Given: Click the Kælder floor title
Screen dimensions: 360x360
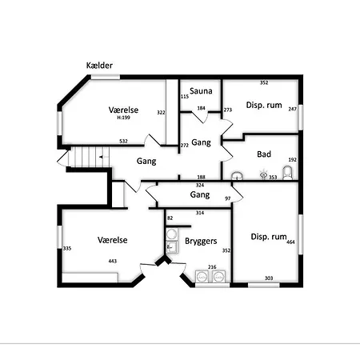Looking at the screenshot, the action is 99,66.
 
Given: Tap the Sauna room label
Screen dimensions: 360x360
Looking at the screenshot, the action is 201,91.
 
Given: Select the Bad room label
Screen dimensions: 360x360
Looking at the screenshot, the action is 264,154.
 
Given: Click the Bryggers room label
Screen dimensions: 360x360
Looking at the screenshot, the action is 201,241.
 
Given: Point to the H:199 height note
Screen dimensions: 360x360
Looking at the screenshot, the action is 123,118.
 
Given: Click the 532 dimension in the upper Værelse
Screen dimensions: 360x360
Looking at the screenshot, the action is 123,142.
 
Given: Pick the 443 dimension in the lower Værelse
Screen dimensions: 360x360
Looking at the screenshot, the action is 113,261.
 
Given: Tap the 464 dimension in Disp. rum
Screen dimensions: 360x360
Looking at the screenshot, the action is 290,242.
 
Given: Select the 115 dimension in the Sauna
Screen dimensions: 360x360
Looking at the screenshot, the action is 185,97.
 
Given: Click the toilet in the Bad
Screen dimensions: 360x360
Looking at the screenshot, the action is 287,173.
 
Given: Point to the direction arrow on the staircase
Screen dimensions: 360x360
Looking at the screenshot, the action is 102,157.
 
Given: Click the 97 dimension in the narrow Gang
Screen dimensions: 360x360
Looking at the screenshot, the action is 228,198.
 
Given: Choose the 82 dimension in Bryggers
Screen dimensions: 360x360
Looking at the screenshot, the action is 170,218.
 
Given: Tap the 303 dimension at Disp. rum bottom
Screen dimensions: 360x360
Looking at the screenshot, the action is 269,278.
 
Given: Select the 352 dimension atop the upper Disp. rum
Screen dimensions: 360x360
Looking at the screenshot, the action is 264,82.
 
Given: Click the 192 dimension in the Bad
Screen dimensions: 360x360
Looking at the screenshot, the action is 293,160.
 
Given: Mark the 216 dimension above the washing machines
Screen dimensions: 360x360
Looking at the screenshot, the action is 212,267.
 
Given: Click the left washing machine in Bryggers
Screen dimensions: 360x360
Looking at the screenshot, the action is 202,276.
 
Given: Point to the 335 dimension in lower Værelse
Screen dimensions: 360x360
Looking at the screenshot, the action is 67,248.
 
